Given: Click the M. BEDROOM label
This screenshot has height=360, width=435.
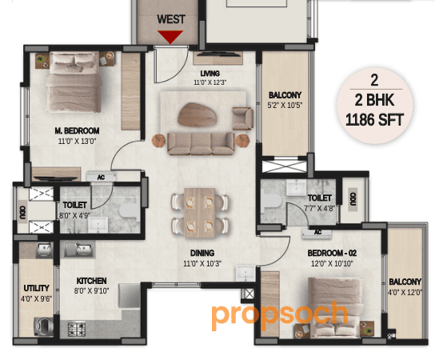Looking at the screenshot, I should pos(77,131).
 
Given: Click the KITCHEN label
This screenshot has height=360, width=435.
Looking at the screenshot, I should pos(92,282).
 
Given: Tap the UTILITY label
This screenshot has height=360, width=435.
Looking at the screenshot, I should pos(37,288).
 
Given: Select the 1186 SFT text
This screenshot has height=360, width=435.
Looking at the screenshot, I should pos(374,121).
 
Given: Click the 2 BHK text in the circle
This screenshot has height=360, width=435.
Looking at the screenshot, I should pos(374,102).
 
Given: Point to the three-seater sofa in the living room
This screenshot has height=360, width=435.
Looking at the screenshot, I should pos(200,142).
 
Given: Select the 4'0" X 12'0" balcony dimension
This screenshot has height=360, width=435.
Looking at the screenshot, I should pos(405,292).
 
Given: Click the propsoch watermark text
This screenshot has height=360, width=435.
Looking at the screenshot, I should pos(280,314).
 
